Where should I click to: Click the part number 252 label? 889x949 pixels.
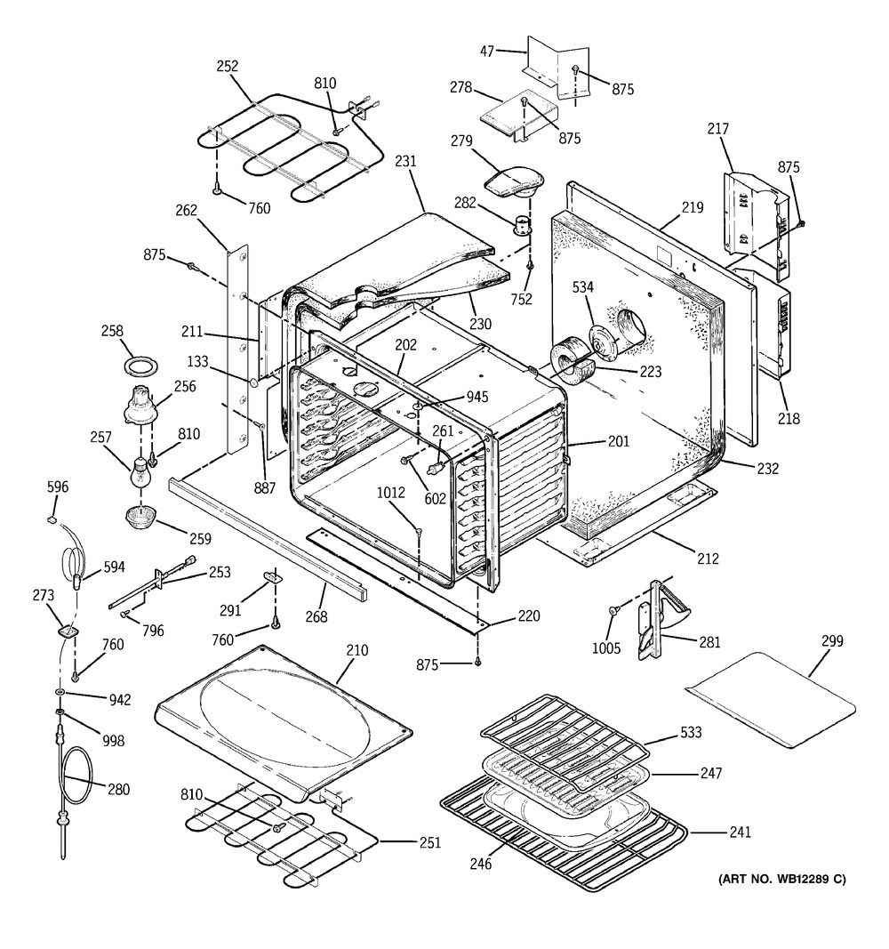pos(228,66)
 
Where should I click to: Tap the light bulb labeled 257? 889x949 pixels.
pos(140,471)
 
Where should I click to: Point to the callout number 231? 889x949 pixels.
pos(405,161)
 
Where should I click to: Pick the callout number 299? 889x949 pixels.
pos(832,640)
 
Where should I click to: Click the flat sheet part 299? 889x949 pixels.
pos(771,700)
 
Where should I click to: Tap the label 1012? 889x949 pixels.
pos(390,493)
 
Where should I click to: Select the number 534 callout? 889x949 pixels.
pos(583,287)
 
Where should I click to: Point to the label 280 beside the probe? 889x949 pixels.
pos(118,789)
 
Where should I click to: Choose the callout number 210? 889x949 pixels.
pos(356,650)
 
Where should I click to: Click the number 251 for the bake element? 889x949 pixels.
pos(430,842)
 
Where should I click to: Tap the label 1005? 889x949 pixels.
pos(606,648)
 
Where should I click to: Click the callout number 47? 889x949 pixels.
pos(487,52)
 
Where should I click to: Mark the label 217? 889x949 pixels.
pos(717,128)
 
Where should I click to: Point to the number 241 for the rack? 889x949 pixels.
pos(739,832)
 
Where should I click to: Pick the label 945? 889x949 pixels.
pos(477,397)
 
